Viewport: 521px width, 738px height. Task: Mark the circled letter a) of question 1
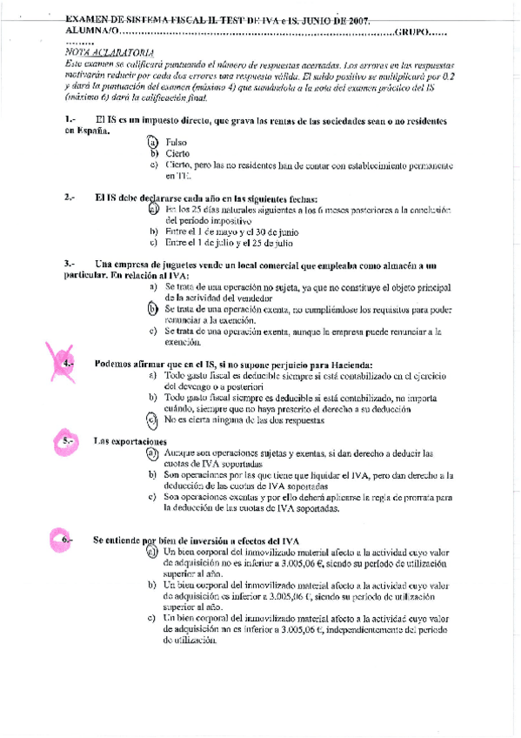point(152,142)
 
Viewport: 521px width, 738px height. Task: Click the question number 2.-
point(73,198)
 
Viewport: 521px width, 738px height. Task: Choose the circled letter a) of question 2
point(153,210)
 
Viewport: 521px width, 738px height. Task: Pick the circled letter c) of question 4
point(152,420)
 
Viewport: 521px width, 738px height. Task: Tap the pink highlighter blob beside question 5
point(66,442)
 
